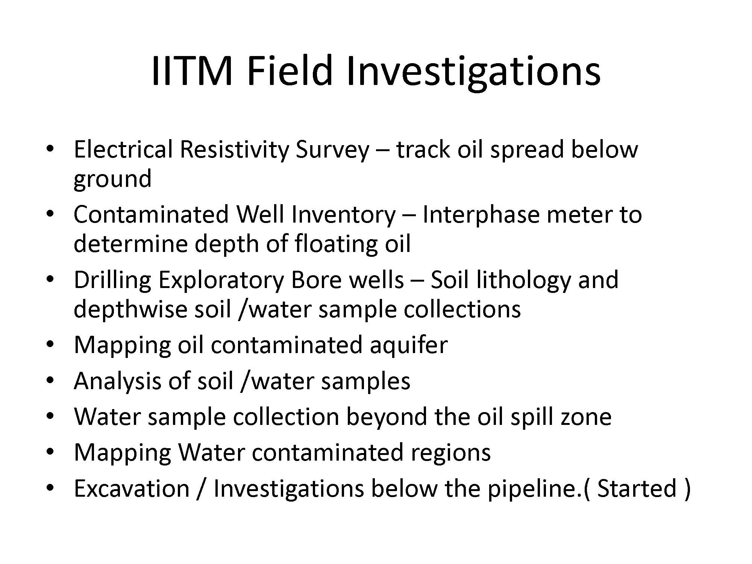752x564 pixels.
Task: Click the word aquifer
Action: pos(408,345)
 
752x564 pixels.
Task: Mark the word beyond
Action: pos(386,417)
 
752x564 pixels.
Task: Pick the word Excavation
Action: pos(132,488)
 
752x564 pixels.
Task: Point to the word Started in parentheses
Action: pos(637,488)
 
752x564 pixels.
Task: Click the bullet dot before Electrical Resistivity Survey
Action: pos(49,149)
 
